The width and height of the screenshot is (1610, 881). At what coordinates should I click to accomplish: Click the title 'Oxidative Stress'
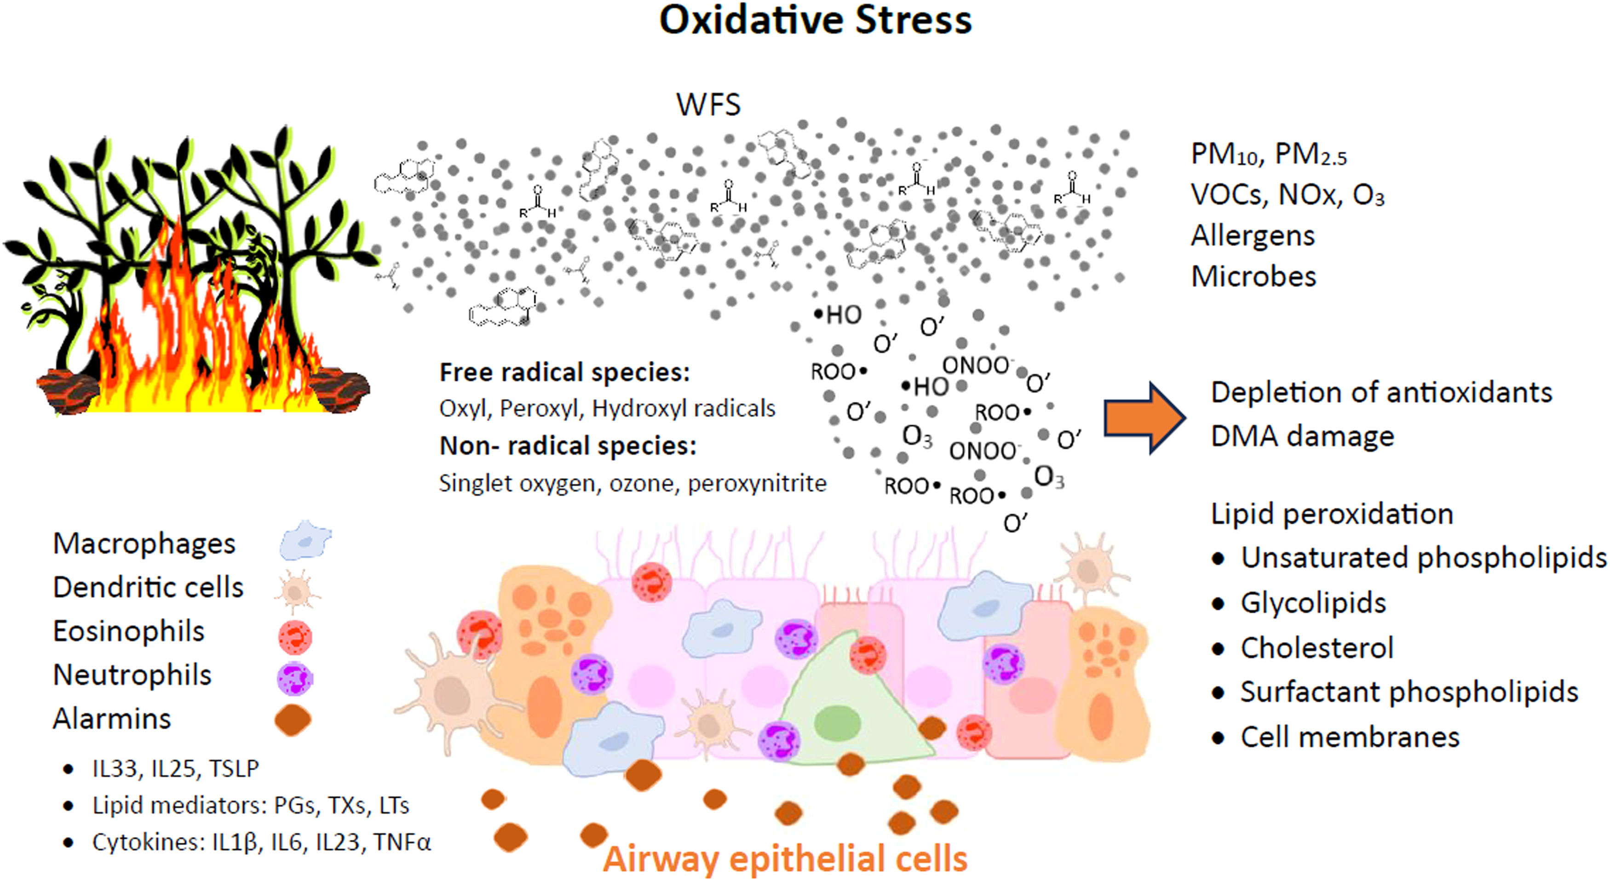815,21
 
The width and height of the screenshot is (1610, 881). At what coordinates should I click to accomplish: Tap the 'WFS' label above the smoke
708,104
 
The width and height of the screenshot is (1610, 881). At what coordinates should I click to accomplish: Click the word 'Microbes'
1253,277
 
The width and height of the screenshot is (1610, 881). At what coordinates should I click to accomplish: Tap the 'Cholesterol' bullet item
1317,648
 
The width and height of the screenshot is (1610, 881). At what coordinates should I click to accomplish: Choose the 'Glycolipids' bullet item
1313,603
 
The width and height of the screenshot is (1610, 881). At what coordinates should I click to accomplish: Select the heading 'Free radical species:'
564,372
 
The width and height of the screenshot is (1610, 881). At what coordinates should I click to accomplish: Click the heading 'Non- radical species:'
568,446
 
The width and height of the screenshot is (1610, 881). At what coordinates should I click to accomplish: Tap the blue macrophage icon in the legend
305,540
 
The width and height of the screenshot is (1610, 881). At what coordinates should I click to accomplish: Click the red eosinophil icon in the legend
294,636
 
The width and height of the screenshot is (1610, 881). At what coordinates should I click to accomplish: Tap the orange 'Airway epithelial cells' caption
785,858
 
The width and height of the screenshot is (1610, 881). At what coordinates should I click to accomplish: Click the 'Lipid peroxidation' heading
1332,514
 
